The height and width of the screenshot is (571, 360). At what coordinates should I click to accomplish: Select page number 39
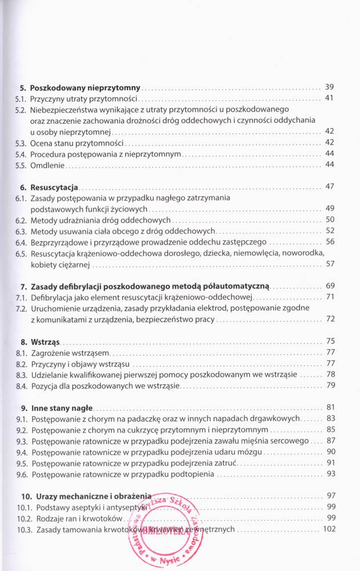coord(329,87)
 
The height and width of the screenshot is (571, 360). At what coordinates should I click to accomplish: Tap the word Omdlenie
coord(48,165)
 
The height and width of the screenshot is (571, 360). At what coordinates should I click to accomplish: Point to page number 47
coord(329,187)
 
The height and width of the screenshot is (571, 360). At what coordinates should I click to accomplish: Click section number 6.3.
coord(21,231)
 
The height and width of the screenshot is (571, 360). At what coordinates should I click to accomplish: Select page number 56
coord(329,242)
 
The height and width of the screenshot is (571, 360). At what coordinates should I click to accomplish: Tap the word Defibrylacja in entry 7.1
coord(55,297)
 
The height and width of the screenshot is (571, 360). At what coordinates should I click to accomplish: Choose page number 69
coord(329,285)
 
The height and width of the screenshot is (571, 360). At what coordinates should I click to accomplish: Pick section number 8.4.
coord(21,386)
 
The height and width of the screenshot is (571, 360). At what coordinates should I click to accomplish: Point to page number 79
coord(329,385)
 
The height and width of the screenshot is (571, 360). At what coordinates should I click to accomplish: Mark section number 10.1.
coord(23,507)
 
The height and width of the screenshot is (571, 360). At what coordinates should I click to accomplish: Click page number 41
coord(329,99)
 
